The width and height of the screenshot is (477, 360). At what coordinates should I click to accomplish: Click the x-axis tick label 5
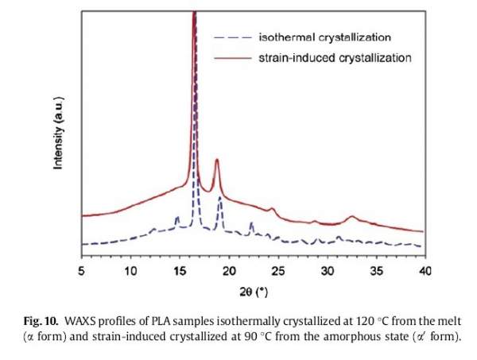(x=82, y=272)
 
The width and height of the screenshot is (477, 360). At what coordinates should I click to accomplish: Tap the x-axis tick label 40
(x=425, y=272)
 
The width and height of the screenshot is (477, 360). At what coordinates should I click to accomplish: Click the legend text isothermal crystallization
(x=324, y=37)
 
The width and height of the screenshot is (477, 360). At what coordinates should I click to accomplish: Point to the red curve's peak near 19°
(x=216, y=161)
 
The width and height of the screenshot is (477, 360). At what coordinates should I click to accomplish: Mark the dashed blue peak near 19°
(x=220, y=204)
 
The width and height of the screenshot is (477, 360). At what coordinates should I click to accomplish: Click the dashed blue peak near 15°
(x=177, y=218)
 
